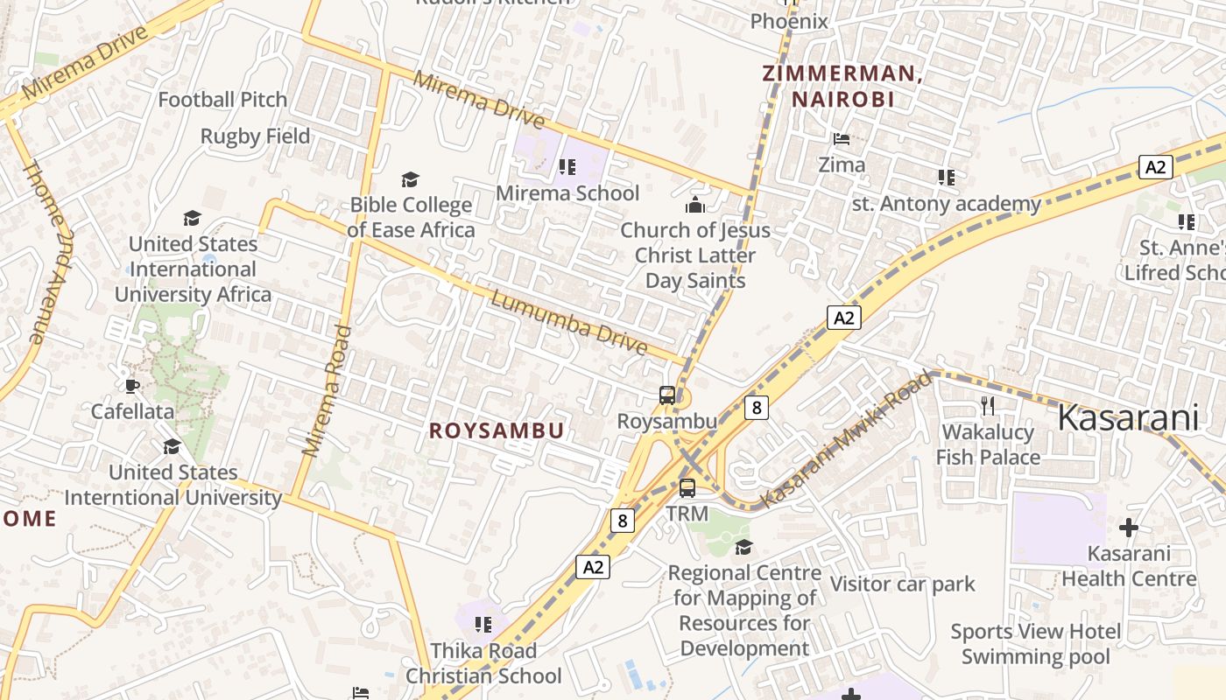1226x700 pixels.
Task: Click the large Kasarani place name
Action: point(1128,418)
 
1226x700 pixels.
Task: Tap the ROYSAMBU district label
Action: point(497,431)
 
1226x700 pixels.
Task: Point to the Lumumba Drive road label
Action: point(569,324)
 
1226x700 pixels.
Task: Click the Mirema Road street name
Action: point(327,391)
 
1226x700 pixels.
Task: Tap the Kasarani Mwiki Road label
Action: point(847,440)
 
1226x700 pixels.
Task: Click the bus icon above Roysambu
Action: point(667,395)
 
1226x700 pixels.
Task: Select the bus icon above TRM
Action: point(687,487)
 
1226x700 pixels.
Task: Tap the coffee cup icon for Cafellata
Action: point(132,386)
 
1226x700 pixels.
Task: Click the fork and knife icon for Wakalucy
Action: point(988,405)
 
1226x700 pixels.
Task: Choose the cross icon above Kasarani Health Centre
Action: point(1129,528)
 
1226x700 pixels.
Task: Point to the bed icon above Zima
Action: point(842,139)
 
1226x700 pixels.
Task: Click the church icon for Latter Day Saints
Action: point(695,206)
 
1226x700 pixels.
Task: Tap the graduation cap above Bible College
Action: point(410,180)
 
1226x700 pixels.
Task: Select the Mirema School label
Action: point(567,192)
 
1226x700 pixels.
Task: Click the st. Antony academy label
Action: point(947,204)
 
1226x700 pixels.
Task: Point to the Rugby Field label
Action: point(255,136)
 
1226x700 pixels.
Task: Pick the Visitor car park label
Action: point(902,584)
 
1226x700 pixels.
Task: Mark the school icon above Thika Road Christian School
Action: point(483,625)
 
